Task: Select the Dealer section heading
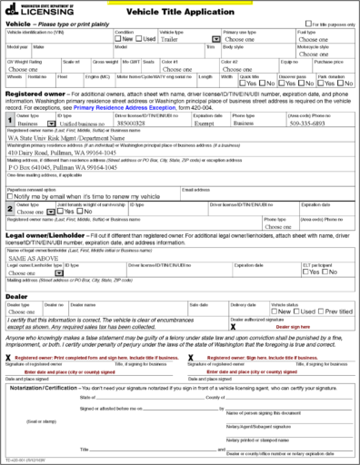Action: click(16, 295)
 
